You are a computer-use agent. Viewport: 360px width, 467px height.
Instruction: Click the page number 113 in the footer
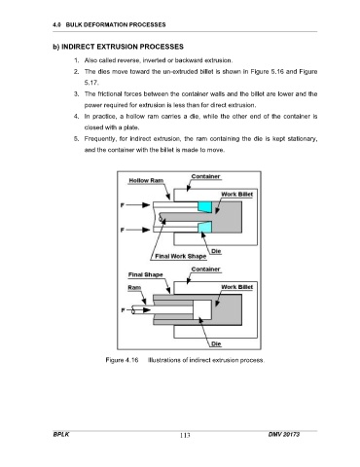(185, 435)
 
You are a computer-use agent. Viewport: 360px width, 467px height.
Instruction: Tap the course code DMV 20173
(284, 434)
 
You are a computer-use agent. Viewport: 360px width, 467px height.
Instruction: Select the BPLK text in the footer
(61, 434)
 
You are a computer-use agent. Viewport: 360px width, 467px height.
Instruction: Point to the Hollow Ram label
(146, 181)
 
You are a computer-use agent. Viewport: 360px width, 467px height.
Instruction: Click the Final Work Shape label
(181, 256)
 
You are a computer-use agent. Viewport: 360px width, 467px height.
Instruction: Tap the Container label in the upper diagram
(205, 176)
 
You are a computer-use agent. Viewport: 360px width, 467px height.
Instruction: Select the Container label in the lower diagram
(205, 269)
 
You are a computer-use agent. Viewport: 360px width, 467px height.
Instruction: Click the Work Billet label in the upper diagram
(236, 195)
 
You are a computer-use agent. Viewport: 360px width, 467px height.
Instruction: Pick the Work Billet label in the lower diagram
(236, 287)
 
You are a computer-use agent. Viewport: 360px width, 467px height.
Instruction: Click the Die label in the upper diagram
(216, 251)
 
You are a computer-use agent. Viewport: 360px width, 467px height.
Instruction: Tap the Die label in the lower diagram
(216, 343)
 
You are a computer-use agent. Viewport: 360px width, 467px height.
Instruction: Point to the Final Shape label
(145, 274)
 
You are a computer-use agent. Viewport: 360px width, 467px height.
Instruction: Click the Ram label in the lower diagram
(134, 288)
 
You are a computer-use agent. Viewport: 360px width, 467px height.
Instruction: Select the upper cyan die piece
(205, 207)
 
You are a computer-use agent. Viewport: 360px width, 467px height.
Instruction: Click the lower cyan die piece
(205, 227)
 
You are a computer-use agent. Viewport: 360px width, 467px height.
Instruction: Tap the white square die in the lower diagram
(202, 309)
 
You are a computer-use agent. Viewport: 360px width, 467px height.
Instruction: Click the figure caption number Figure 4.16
(122, 360)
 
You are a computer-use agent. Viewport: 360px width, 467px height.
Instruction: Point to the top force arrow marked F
(137, 205)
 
